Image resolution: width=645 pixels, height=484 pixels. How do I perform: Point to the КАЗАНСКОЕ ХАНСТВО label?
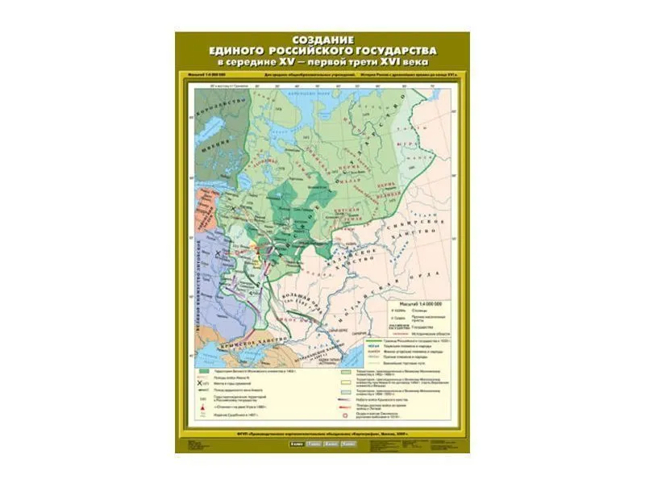(x=364, y=261)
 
